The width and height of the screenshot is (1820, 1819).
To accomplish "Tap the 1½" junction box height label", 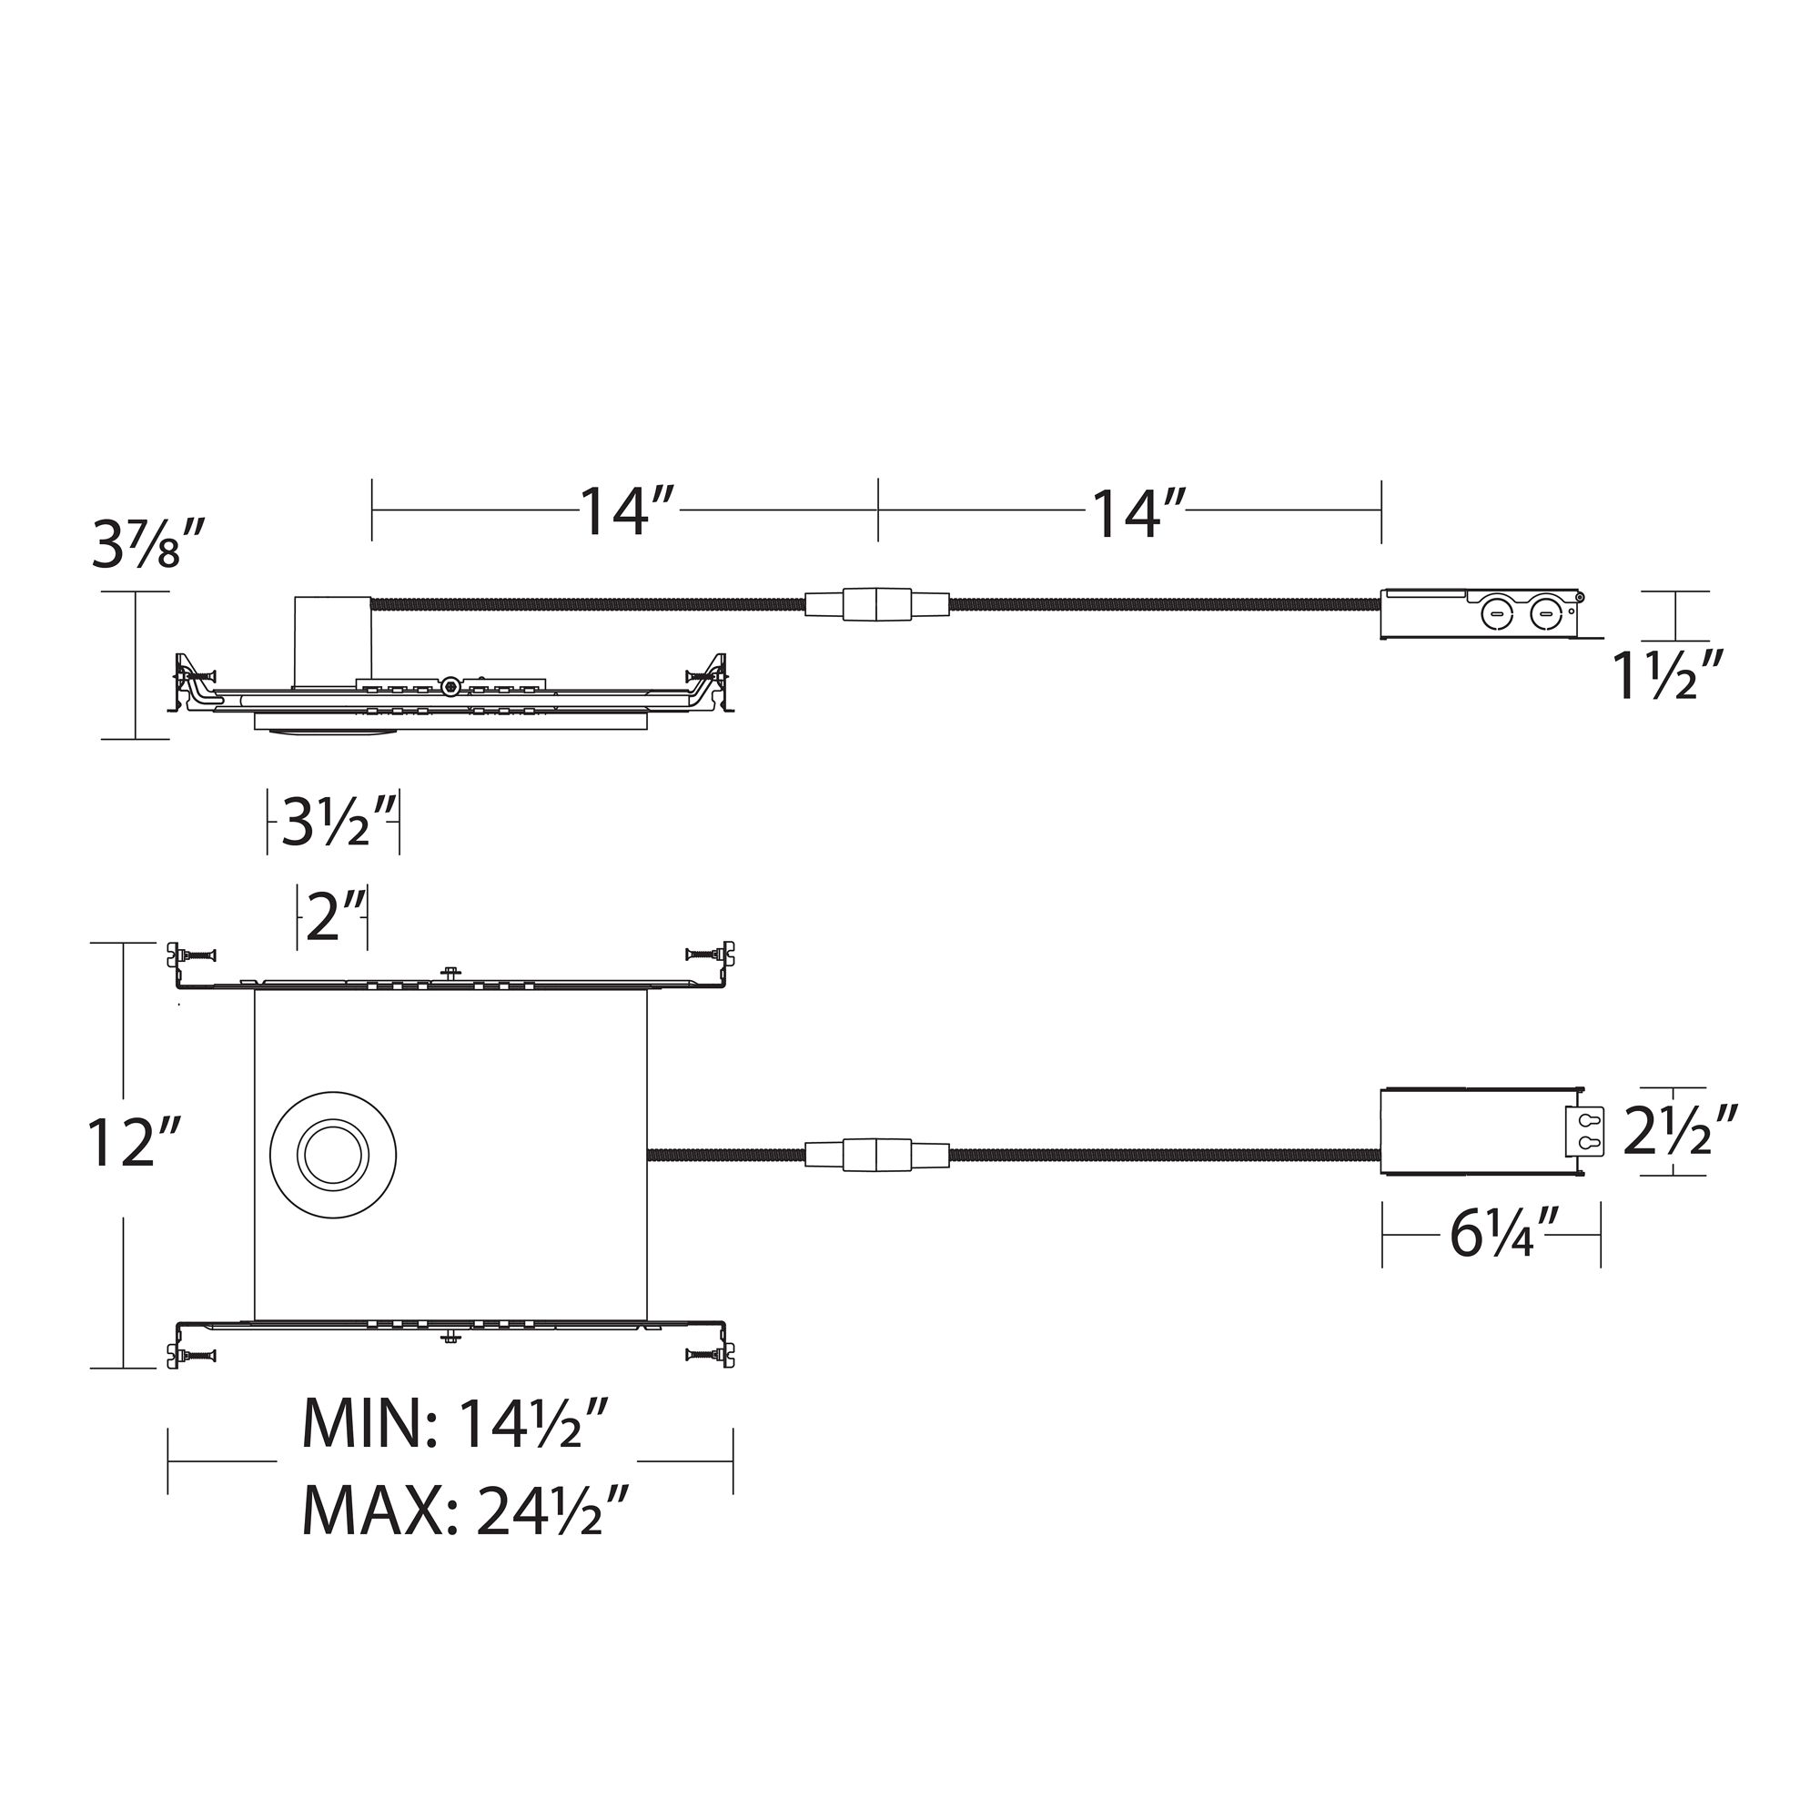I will pos(1667,676).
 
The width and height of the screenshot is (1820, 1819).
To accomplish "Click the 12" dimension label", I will pos(132,1143).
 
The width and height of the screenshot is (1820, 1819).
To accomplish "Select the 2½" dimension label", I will pos(1679,1131).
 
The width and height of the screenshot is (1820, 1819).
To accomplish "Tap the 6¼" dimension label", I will pos(1504,1234).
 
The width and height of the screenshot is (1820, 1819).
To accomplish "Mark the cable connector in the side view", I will pos(877,604).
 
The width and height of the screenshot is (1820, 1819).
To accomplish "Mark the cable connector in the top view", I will pos(877,1155).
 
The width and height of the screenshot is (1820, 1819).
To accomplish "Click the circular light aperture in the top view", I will pos(332,1155).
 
